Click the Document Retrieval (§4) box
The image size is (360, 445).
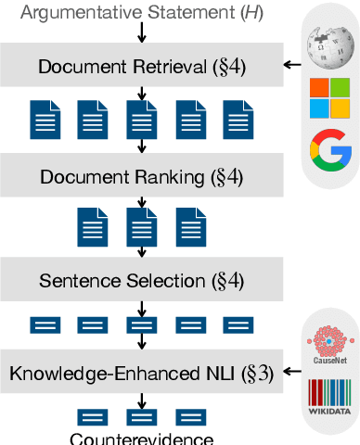138,67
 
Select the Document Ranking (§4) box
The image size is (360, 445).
138,174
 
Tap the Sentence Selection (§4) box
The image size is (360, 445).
138,281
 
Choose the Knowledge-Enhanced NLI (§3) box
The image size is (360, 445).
138,374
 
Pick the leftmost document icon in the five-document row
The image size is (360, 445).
45,120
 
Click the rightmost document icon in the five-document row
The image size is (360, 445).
237,120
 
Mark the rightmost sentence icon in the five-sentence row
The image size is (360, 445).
237,325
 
